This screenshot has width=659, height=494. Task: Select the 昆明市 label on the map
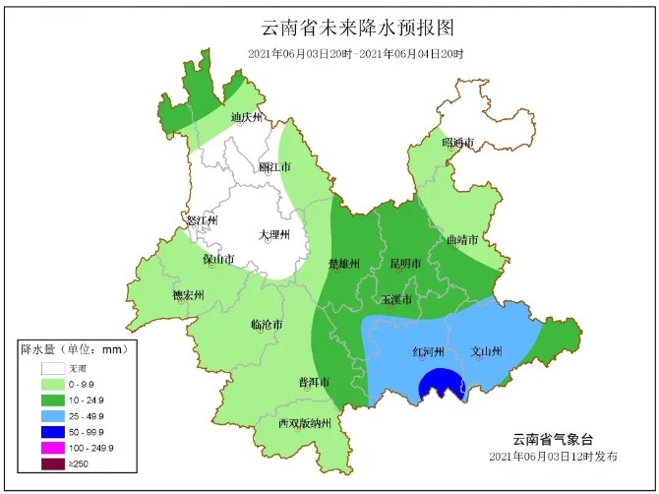pyautogui.click(x=405, y=264)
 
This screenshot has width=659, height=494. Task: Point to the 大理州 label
pyautogui.click(x=274, y=234)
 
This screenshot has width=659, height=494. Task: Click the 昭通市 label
pyautogui.click(x=457, y=143)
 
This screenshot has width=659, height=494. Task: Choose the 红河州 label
pyautogui.click(x=428, y=351)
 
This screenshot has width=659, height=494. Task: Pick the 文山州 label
pyautogui.click(x=487, y=351)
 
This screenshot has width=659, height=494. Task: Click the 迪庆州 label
pyautogui.click(x=248, y=118)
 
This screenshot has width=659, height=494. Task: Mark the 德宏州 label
pyautogui.click(x=187, y=294)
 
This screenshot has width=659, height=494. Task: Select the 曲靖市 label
pyautogui.click(x=462, y=239)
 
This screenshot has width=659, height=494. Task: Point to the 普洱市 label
pyautogui.click(x=313, y=382)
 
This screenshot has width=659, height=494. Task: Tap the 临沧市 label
pyautogui.click(x=267, y=324)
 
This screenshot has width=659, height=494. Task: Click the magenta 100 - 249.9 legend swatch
pyautogui.click(x=54, y=448)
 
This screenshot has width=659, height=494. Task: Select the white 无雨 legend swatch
pyautogui.click(x=54, y=369)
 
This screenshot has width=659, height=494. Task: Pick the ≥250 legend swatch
pyautogui.click(x=54, y=463)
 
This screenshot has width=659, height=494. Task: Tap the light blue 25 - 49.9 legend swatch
pyautogui.click(x=54, y=416)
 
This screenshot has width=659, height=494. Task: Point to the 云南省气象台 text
pyautogui.click(x=554, y=438)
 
